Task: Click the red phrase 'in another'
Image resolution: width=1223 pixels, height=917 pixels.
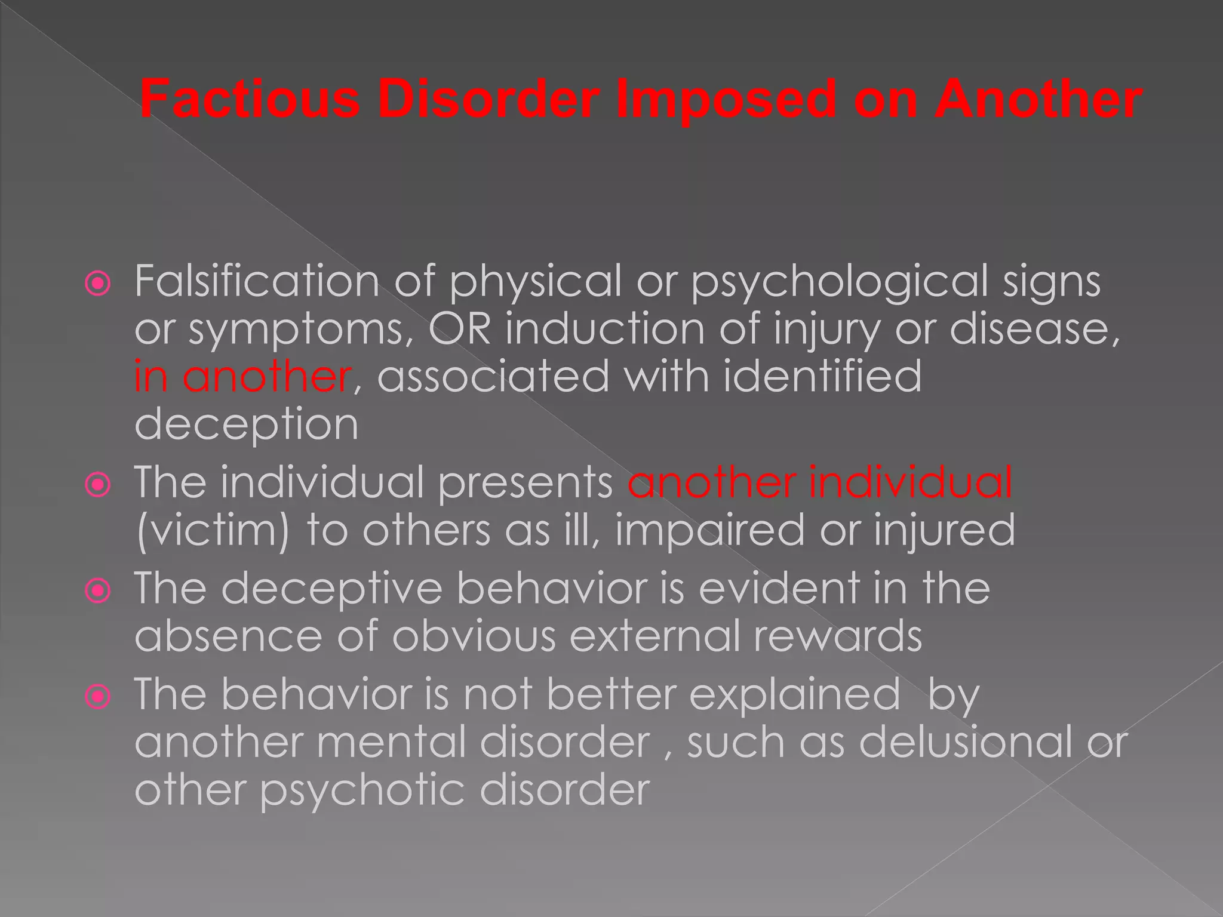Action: pos(242,377)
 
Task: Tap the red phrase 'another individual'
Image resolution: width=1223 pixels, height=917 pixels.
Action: pos(820,482)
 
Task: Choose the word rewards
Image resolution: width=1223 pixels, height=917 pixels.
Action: pos(837,636)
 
